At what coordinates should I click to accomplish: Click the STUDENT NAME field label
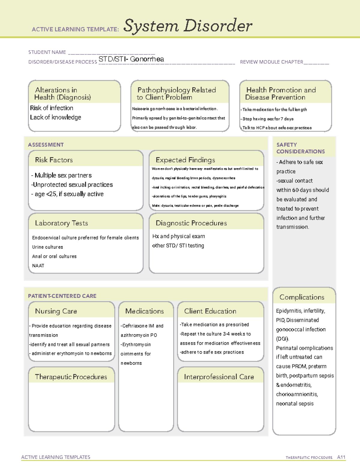[x=47, y=52]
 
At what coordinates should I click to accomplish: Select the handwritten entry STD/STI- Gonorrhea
[x=131, y=59]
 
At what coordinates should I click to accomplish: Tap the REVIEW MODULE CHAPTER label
[x=271, y=62]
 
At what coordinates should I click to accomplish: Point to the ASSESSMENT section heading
[x=46, y=145]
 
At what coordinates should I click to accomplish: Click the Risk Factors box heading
[x=54, y=160]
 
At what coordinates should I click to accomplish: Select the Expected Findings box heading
[x=185, y=160]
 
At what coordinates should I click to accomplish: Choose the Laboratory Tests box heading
[x=61, y=223]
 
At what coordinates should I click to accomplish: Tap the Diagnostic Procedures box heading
[x=191, y=223]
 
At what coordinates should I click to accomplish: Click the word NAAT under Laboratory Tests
[x=38, y=266]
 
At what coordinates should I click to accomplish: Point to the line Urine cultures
[x=47, y=247]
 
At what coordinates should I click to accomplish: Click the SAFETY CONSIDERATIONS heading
[x=300, y=148]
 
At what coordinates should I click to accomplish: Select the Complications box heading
[x=302, y=297]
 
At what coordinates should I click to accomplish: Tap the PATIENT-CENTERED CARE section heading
[x=62, y=296]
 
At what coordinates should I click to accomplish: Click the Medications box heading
[x=145, y=311]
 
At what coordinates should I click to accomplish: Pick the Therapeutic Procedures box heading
[x=71, y=377]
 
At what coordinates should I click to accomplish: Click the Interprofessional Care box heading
[x=219, y=377]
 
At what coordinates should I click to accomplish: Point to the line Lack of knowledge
[x=55, y=117]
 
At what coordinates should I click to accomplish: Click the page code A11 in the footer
[x=341, y=457]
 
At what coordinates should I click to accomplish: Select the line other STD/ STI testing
[x=178, y=245]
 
